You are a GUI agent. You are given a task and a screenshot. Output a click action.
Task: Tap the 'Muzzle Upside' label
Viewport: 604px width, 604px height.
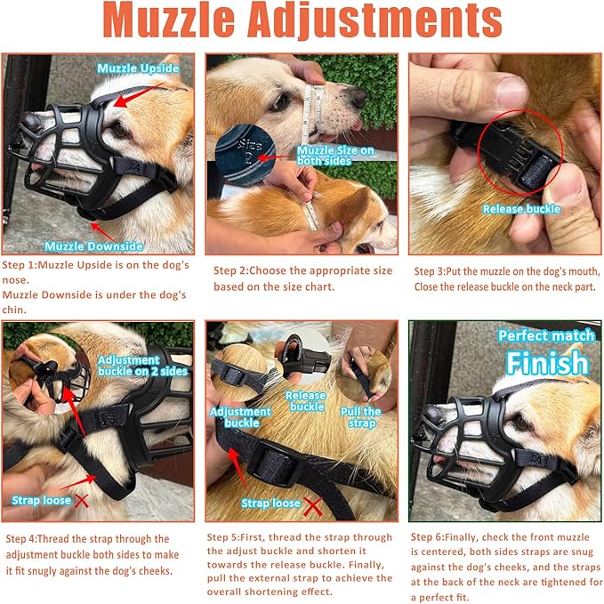[x=139, y=68]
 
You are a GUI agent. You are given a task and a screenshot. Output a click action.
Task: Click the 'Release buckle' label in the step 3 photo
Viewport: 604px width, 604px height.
[x=521, y=209]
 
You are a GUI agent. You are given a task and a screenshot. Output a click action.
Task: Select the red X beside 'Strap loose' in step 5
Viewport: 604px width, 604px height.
[x=312, y=506]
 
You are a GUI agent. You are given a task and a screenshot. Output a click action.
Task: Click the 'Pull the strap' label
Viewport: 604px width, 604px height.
[x=360, y=418]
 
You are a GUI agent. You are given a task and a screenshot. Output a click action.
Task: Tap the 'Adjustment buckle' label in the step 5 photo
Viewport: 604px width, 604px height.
[x=241, y=418]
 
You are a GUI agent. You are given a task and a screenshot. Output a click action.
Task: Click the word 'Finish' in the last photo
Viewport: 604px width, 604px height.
[x=547, y=363]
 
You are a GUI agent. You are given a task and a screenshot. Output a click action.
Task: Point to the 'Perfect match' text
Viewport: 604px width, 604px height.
[x=543, y=335]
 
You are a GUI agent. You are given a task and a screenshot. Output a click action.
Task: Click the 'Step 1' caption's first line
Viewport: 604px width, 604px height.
[x=96, y=266]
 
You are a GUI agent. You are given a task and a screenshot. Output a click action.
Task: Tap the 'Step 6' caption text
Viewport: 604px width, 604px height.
[x=506, y=566]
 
